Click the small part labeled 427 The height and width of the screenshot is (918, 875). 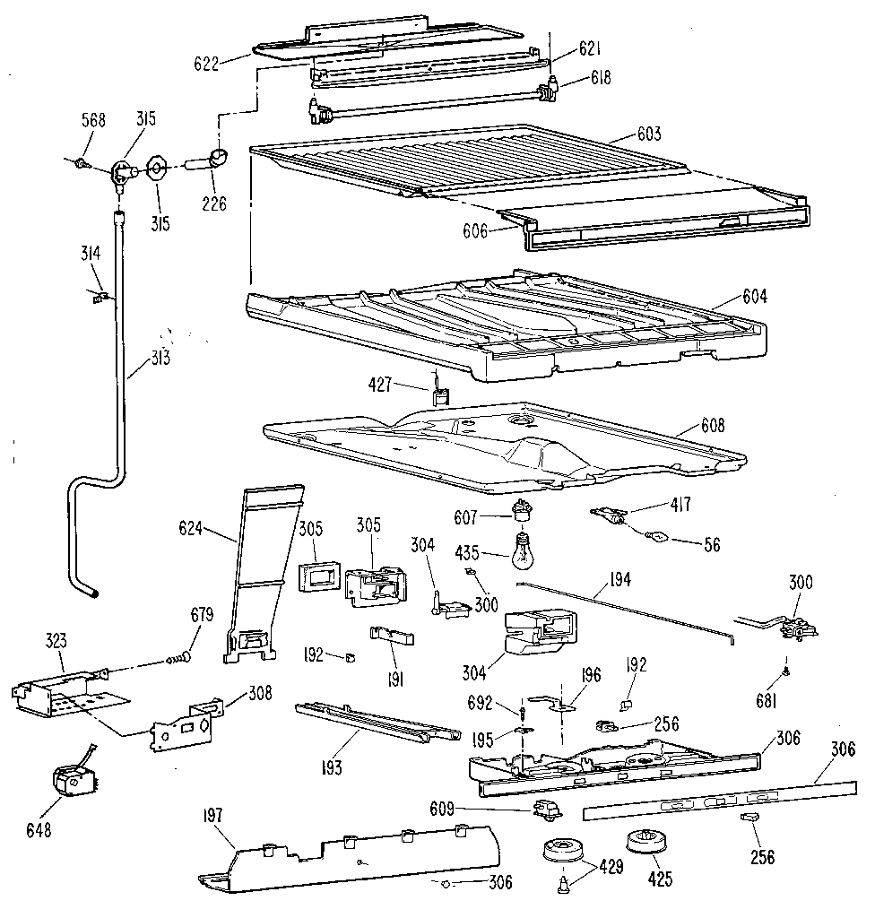438,393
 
